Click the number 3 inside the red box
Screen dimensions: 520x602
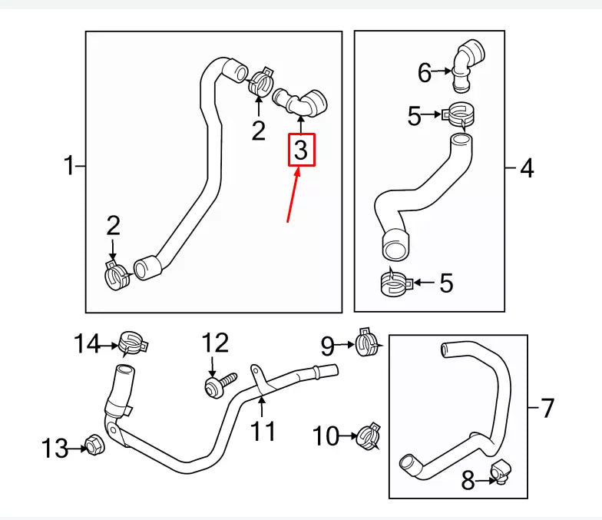[300, 150]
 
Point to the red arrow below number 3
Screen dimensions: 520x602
[294, 197]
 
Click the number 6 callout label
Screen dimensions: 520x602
[425, 73]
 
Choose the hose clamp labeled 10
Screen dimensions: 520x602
[369, 436]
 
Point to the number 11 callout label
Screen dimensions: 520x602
[263, 432]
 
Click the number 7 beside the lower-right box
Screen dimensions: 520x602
[547, 408]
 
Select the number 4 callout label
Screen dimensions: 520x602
[527, 167]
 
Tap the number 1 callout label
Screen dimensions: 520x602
[70, 165]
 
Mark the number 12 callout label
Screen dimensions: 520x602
[215, 343]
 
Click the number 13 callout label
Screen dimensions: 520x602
[55, 448]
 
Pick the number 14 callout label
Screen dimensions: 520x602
[87, 345]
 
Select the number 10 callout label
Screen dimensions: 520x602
[326, 436]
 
